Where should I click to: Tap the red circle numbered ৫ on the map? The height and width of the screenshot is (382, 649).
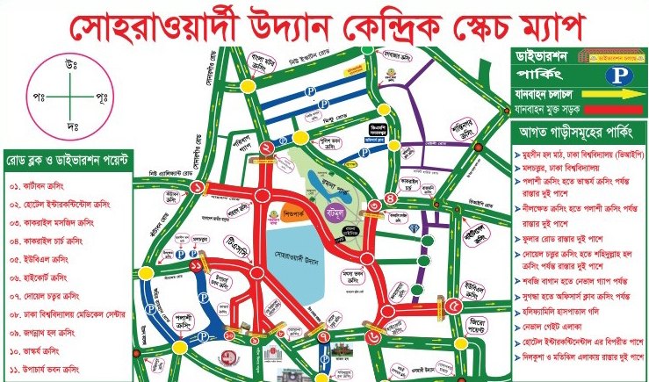(453, 306)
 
